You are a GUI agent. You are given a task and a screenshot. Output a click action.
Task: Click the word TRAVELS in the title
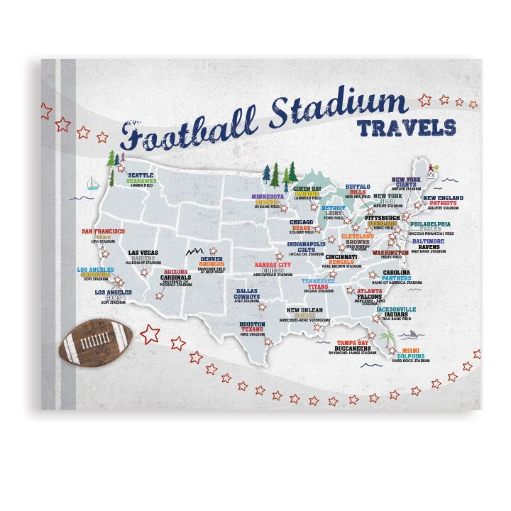406,128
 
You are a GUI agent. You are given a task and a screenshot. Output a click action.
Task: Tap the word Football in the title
187,132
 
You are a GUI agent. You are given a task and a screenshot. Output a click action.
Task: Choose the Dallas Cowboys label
247,295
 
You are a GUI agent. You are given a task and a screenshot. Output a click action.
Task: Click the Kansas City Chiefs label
273,268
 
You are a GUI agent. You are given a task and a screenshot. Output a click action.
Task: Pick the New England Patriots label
444,202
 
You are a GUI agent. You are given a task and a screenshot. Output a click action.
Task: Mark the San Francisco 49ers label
104,235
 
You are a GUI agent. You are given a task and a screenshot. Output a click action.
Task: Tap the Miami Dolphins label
411,355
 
